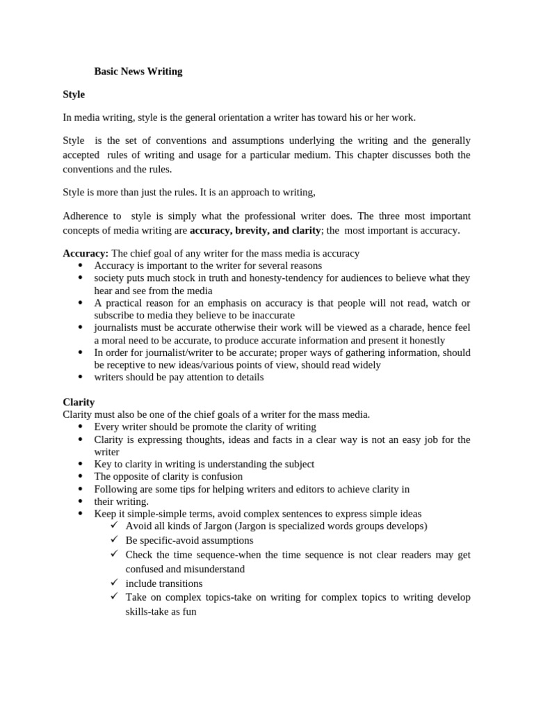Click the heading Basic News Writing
138,71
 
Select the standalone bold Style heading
74,94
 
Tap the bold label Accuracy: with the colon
86,253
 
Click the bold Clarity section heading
79,402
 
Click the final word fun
189,612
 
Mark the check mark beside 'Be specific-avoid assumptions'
115,540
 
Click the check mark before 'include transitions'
115,583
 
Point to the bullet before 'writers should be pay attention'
81,377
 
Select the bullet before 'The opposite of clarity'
81,476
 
